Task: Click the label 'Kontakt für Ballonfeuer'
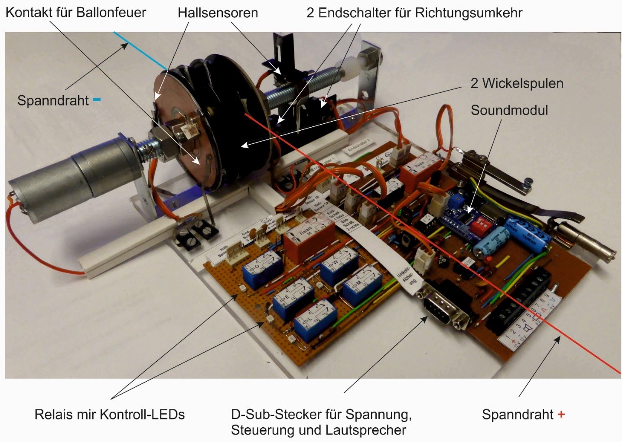[x=76, y=12]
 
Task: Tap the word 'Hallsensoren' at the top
[x=218, y=13]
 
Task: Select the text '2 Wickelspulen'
[x=517, y=83]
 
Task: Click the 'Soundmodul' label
[x=509, y=110]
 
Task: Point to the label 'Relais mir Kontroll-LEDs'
[x=110, y=414]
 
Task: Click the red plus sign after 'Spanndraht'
[x=561, y=414]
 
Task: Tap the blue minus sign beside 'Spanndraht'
[x=97, y=100]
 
